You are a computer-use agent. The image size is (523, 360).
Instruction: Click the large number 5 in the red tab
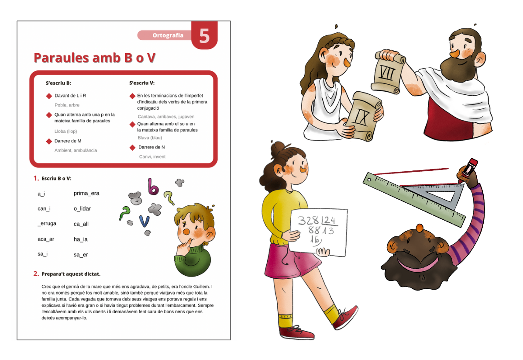[204, 36]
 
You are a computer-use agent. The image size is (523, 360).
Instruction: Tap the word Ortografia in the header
[168, 35]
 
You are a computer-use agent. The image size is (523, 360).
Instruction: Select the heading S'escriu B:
[58, 83]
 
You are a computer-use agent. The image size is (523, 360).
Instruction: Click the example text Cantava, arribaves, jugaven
[166, 117]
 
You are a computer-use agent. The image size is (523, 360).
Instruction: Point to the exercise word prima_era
[86, 193]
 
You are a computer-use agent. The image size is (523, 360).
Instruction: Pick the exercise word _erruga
[47, 224]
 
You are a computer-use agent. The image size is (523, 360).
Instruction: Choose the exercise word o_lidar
[82, 208]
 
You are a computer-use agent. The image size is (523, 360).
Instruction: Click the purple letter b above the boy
[153, 187]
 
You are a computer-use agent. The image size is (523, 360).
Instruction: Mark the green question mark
[125, 213]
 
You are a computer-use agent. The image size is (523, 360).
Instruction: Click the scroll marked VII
[387, 72]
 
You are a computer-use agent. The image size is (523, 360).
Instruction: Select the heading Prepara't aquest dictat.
[71, 274]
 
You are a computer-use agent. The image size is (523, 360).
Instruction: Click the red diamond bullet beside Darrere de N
[132, 148]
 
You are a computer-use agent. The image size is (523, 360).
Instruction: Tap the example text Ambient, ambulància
[76, 150]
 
